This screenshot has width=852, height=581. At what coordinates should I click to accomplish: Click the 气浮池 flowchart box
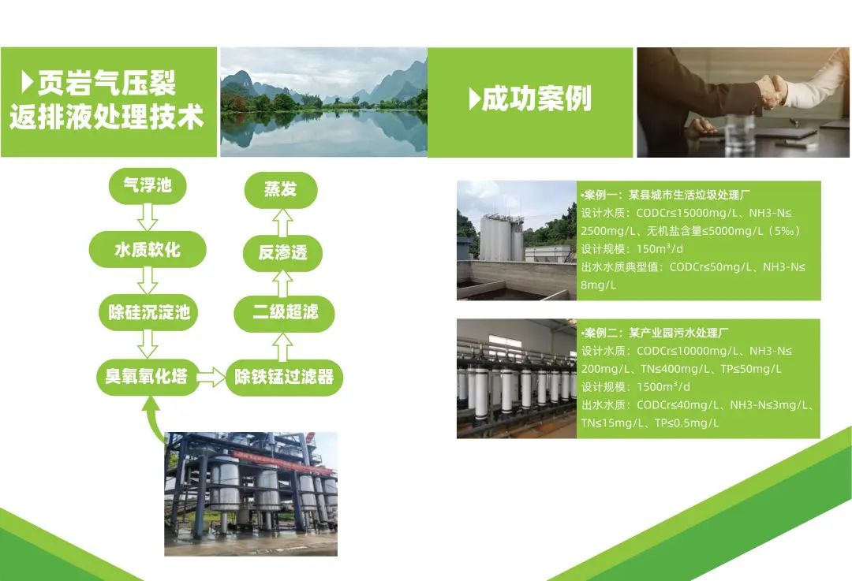click(148, 186)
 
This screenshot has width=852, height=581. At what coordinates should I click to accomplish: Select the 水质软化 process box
click(148, 249)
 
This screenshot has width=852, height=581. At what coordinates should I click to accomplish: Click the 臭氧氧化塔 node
click(146, 376)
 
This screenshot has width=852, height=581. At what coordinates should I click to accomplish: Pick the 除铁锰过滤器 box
click(284, 376)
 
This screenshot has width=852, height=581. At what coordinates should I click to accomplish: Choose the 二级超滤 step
click(284, 313)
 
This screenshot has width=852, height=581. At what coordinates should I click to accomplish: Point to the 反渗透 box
click(282, 252)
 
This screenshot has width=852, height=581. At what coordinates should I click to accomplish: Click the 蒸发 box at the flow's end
click(281, 189)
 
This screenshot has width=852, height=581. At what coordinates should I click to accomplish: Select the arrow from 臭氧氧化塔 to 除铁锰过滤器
click(211, 377)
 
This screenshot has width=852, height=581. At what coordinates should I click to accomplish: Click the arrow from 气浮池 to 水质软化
click(148, 218)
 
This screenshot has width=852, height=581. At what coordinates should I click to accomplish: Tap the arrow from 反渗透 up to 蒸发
click(282, 222)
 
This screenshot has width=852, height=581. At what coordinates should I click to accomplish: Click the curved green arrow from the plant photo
click(152, 417)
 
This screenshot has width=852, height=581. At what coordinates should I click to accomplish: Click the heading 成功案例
click(530, 99)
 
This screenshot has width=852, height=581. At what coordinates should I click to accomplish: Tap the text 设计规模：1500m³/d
click(636, 386)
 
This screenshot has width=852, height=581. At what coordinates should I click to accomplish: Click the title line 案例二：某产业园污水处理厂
click(655, 333)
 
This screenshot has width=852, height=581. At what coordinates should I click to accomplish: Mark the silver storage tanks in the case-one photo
click(502, 236)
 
